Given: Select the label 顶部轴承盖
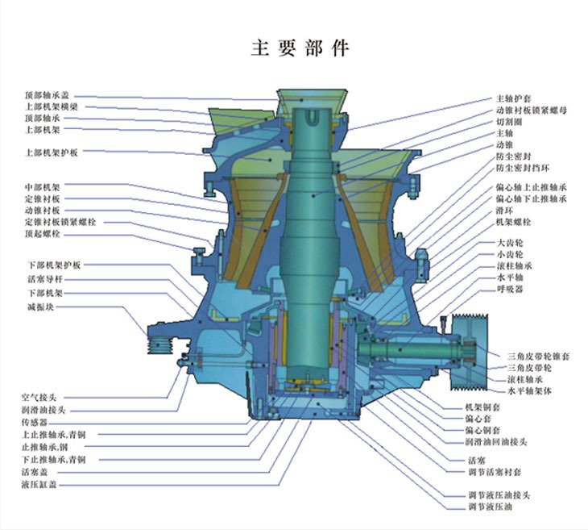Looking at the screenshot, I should pos(47,95).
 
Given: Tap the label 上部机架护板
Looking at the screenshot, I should pos(51,152).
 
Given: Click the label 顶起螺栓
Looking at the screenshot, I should pos(42,234).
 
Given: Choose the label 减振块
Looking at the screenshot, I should pos(39,307).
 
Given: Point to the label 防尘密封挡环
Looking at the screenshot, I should pos(522,169).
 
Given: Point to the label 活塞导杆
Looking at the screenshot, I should pos(42,279).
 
